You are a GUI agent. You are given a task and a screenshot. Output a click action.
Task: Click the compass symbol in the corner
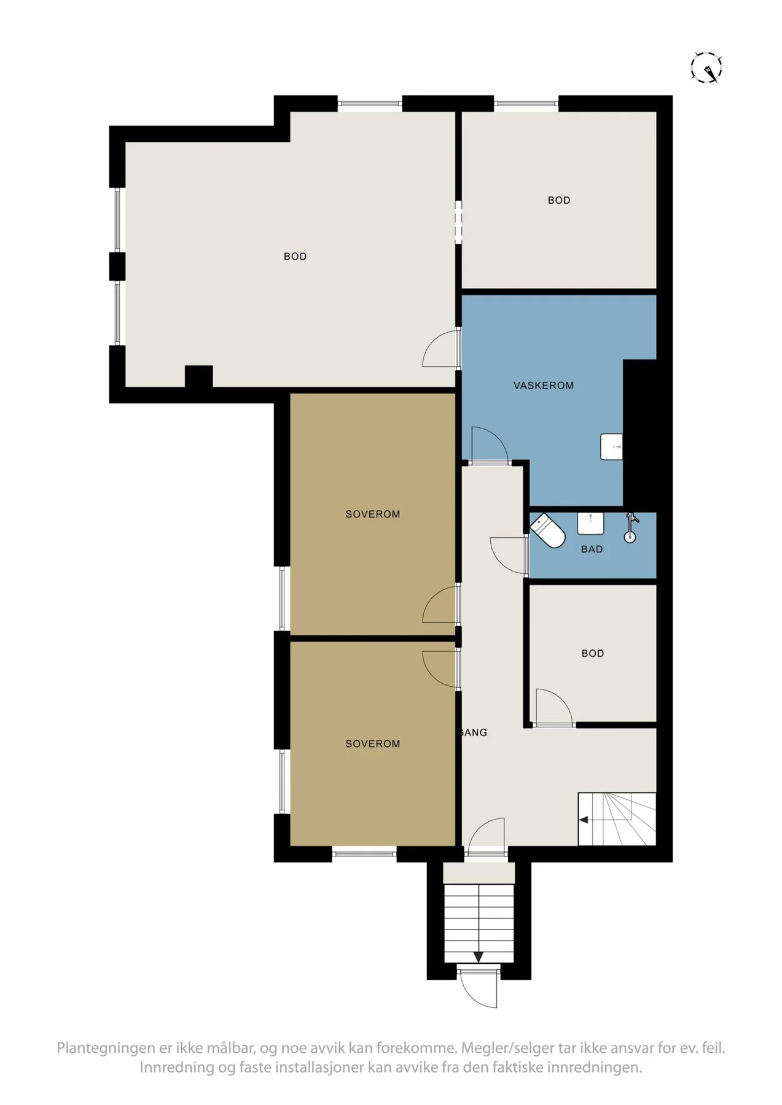coord(706,68)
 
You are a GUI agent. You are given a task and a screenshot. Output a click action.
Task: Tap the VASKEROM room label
coord(544,386)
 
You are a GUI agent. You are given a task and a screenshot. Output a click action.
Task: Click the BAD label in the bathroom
coord(592,549)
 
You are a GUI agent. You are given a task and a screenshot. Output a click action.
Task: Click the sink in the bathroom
coord(590,523)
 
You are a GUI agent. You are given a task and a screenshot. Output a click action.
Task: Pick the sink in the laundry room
coord(612,446)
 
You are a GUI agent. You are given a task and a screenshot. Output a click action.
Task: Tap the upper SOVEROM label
coord(373,514)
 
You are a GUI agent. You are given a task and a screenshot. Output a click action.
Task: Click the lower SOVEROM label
coord(373,744)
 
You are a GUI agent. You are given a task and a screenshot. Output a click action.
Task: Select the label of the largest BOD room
coord(295,257)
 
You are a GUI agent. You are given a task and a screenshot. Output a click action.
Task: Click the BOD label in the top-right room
coord(559,200)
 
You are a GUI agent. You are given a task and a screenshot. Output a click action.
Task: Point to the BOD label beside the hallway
coord(593,654)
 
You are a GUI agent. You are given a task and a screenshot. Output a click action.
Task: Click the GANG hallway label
coord(473,732)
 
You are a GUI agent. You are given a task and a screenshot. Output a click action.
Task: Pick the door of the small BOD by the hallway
coord(554,708)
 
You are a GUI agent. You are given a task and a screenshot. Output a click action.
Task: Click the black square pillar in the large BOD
coord(199,376)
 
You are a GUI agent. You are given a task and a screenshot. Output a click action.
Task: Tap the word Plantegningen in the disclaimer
coord(105,1048)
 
